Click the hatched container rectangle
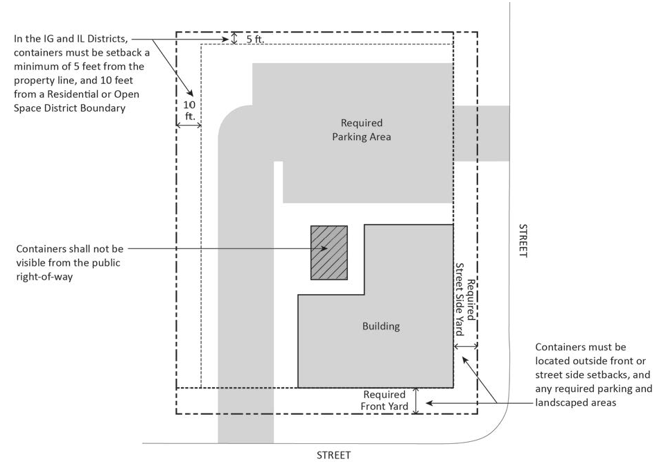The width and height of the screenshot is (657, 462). [x=328, y=253]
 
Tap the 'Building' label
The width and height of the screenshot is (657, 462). [x=381, y=326]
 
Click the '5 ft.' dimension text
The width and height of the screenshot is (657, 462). [x=255, y=40]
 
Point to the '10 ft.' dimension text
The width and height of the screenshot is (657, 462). [x=189, y=110]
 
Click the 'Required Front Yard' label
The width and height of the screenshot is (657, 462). [x=384, y=400]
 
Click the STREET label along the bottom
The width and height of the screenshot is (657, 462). [x=333, y=456]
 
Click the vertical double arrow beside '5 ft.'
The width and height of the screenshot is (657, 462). [x=235, y=38]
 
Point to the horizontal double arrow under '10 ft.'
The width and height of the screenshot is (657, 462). [x=189, y=125]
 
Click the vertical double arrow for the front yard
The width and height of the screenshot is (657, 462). [x=416, y=401]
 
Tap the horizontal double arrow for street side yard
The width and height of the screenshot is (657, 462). [x=465, y=346]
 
